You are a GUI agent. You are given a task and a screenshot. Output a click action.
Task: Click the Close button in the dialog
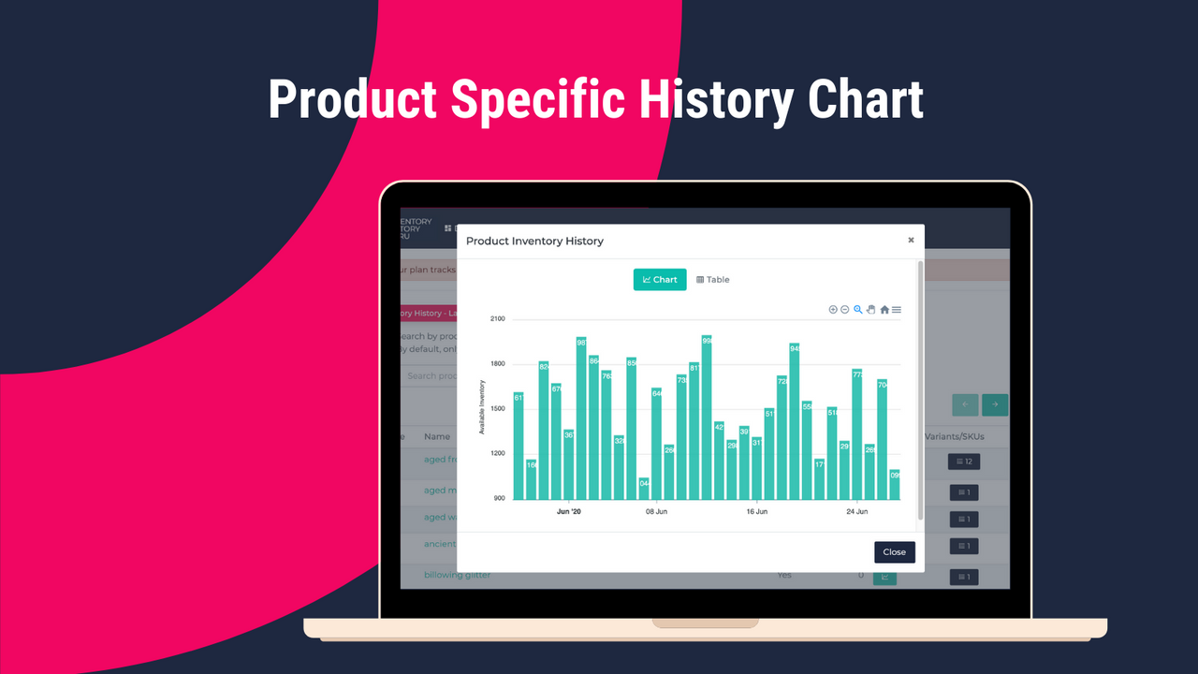tap(894, 552)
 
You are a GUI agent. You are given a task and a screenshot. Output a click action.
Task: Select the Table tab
tap(713, 280)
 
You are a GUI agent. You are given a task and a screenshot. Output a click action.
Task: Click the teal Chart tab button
tap(660, 280)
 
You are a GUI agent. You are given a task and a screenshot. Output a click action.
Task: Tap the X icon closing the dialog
tap(911, 241)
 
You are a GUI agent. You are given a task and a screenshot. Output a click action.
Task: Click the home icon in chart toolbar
tap(884, 310)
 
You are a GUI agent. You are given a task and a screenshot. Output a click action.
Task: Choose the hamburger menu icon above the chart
tap(897, 310)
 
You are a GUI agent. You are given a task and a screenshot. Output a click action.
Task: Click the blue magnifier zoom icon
tap(857, 310)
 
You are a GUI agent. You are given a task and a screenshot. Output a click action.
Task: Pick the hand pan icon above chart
tap(870, 310)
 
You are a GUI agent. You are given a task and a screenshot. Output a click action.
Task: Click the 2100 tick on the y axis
tap(497, 319)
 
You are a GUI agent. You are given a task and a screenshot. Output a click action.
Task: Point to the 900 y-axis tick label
tap(498, 499)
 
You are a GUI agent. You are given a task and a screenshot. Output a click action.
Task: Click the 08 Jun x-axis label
tap(655, 512)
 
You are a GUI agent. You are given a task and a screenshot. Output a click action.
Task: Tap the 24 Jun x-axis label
tap(856, 512)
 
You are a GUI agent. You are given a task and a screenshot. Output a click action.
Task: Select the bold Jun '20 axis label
tap(568, 512)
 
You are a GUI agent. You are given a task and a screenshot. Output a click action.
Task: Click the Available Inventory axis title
tap(482, 407)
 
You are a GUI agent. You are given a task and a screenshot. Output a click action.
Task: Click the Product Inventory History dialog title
tap(534, 242)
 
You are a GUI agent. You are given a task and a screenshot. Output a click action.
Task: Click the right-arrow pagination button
tap(995, 404)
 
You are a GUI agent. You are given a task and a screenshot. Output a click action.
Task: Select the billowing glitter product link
tap(457, 575)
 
